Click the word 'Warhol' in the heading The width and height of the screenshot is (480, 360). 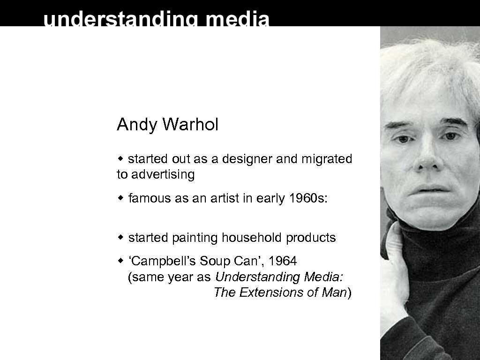pyautogui.click(x=190, y=125)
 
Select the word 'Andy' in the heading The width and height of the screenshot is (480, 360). pyautogui.click(x=137, y=125)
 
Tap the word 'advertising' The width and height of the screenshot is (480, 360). pyautogui.click(x=163, y=175)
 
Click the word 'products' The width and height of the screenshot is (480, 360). pyautogui.click(x=311, y=238)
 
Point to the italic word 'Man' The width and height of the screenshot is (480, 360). pyautogui.click(x=334, y=293)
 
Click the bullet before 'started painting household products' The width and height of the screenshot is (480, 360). pyautogui.click(x=120, y=238)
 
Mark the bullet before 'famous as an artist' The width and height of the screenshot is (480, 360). pyautogui.click(x=120, y=198)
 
